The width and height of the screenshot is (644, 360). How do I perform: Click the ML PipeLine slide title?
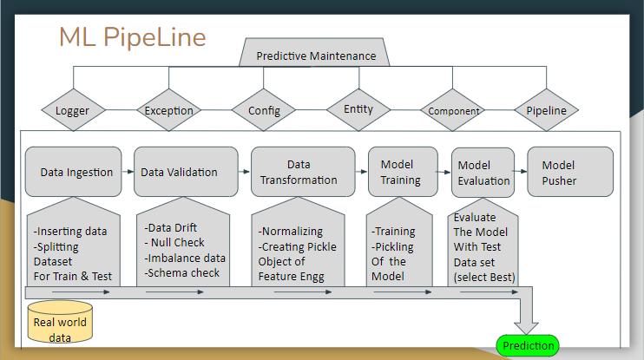(x=132, y=37)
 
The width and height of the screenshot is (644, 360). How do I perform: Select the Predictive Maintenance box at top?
(x=316, y=56)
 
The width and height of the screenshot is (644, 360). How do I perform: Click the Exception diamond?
(x=169, y=111)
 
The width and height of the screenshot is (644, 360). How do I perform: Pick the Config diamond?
(x=264, y=111)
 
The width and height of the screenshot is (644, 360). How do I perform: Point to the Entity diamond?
(x=358, y=109)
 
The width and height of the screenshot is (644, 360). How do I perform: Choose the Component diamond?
(x=454, y=111)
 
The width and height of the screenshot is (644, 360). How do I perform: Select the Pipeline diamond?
(x=546, y=111)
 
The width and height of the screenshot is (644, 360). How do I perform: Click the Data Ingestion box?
(x=76, y=172)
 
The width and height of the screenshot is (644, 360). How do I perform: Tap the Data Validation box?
(x=179, y=172)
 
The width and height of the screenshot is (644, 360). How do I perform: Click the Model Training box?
(x=400, y=172)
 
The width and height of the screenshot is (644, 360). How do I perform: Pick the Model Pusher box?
(x=569, y=172)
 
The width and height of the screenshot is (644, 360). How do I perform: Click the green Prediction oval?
(x=529, y=345)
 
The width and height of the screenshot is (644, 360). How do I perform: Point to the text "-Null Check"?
(x=176, y=243)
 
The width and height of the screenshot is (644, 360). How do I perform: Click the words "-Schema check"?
(x=182, y=272)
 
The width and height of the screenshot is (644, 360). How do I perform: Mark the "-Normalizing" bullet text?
(x=291, y=232)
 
